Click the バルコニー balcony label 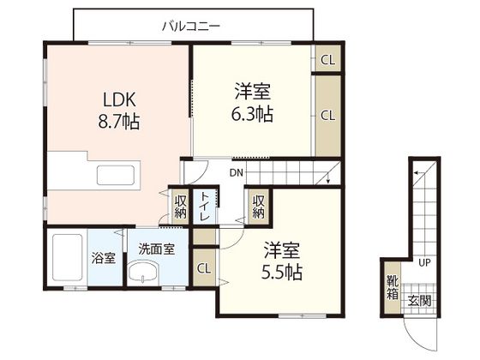pyautogui.click(x=191, y=27)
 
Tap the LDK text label pyautogui.click(x=119, y=99)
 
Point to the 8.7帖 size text pyautogui.click(x=119, y=122)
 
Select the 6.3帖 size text pyautogui.click(x=252, y=114)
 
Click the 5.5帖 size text pyautogui.click(x=282, y=273)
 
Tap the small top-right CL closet pyautogui.click(x=327, y=58)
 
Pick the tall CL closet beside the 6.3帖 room pyautogui.click(x=327, y=116)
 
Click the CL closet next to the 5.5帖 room pyautogui.click(x=204, y=267)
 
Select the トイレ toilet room pyautogui.click(x=204, y=207)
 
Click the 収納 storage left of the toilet pyautogui.click(x=180, y=207)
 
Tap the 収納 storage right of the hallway pyautogui.click(x=258, y=207)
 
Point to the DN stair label pyautogui.click(x=237, y=173)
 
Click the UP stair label pyautogui.click(x=424, y=262)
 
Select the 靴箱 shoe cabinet pyautogui.click(x=393, y=288)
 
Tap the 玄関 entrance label pyautogui.click(x=419, y=301)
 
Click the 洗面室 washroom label pyautogui.click(x=156, y=249)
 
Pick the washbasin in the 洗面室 pyautogui.click(x=143, y=271)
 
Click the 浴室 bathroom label pyautogui.click(x=104, y=258)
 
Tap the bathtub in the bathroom pyautogui.click(x=68, y=257)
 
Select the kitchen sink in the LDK pyautogui.click(x=116, y=176)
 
